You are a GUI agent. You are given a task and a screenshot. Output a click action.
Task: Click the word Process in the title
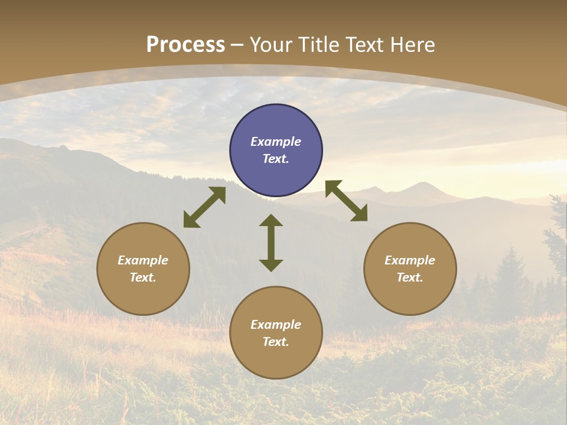pos(185,45)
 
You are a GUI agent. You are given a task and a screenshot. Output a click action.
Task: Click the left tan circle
pos(143,269)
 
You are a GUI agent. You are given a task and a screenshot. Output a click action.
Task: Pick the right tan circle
pos(410,269)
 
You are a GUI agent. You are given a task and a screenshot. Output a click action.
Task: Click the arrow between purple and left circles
pos(204,207)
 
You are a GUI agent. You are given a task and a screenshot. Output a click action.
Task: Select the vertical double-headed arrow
pos(271,243)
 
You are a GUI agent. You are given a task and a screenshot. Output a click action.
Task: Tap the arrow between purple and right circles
pos(346,201)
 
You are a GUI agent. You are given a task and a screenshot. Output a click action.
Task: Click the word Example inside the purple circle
pos(276,142)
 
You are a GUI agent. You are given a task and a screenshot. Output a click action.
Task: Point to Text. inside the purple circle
pos(276,159)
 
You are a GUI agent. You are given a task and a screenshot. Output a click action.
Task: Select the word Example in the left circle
pos(143,260)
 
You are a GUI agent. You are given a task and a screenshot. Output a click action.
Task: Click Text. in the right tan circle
pos(410,277)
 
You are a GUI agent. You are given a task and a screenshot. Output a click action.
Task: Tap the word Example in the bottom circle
pos(276,325)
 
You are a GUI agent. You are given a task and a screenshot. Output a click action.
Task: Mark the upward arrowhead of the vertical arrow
pos(271,221)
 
